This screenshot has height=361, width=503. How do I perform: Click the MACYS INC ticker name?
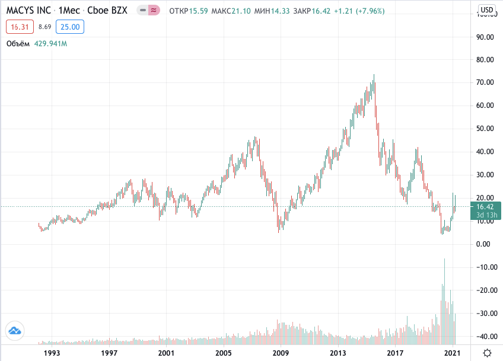pyautogui.click(x=28, y=10)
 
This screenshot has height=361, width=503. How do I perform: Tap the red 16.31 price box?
pyautogui.click(x=20, y=27)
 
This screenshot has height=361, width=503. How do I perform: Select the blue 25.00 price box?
pyautogui.click(x=70, y=27)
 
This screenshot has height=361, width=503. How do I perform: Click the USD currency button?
pyautogui.click(x=486, y=10)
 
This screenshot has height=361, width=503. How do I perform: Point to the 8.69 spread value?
pyautogui.click(x=44, y=27)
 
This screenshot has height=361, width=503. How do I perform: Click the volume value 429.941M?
pyautogui.click(x=50, y=44)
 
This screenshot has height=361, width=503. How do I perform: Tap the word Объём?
pyautogui.click(x=18, y=44)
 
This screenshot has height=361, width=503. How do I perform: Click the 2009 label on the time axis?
pyautogui.click(x=281, y=353)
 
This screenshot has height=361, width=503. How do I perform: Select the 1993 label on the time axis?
pyautogui.click(x=52, y=353)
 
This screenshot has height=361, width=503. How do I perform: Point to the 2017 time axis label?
pyautogui.click(x=395, y=353)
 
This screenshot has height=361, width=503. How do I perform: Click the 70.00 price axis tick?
pyautogui.click(x=485, y=82)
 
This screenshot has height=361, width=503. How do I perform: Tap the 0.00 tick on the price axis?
pyautogui.click(x=483, y=244)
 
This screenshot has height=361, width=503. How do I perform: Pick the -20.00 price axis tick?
pyautogui.click(x=486, y=290)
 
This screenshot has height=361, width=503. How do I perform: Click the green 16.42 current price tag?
pyautogui.click(x=486, y=210)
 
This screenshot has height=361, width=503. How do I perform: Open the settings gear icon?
pyautogui.click(x=487, y=353)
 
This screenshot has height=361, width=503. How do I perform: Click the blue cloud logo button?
pyautogui.click(x=15, y=331)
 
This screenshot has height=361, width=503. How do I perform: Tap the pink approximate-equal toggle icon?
pyautogui.click(x=154, y=10)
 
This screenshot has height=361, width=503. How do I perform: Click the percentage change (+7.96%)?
pyautogui.click(x=370, y=11)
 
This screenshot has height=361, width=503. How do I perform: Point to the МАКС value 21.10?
pyautogui.click(x=241, y=11)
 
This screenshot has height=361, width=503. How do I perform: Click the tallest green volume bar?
pyautogui.click(x=444, y=301)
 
